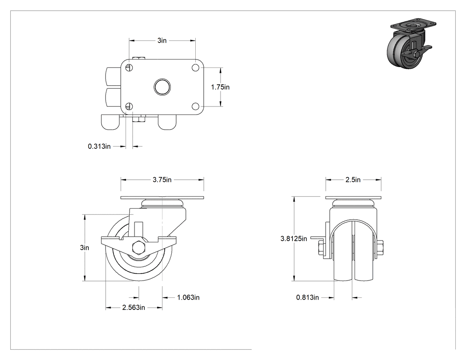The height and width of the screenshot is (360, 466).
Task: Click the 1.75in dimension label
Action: pos(220,87)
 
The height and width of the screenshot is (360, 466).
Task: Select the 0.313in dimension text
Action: pos(99,146)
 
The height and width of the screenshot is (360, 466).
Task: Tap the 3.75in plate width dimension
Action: pos(162,179)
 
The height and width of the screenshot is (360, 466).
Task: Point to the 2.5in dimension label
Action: pos(353,179)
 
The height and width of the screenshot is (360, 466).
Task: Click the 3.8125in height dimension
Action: pos(294,238)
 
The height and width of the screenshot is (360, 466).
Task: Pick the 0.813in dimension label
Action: pos(307,297)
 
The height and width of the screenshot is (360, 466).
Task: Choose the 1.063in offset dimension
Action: pos(189,297)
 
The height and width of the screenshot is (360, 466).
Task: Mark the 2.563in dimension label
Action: pos(134,307)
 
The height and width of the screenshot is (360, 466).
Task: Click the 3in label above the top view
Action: pos(162,40)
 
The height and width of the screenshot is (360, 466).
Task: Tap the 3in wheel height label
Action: pos(84,248)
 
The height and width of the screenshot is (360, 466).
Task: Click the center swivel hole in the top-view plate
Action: pos(162,87)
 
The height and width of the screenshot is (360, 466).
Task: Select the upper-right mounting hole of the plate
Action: pos(196,68)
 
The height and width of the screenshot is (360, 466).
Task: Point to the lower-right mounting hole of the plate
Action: pos(196,106)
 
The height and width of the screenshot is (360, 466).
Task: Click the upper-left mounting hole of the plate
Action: pos(129,68)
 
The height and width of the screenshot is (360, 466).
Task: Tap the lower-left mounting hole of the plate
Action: pos(129,106)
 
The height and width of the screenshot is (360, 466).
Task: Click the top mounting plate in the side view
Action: pos(162,198)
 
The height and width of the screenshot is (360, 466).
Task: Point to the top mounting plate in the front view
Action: pos(353,198)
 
